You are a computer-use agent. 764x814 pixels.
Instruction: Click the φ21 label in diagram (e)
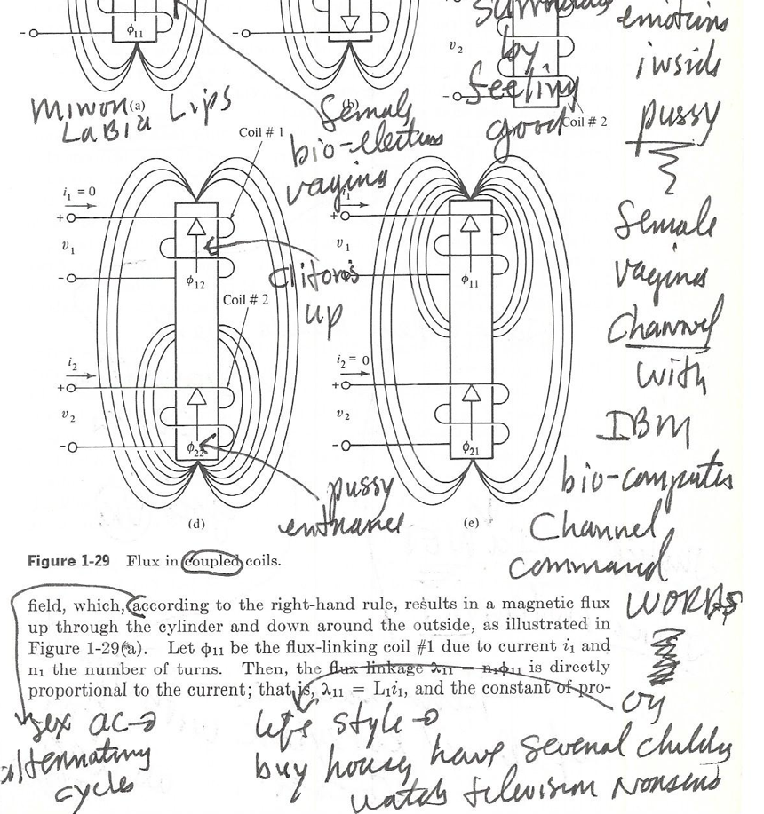(471, 449)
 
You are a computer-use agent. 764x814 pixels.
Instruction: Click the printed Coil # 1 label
(261, 132)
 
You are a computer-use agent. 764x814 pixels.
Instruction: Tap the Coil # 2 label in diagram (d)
(245, 299)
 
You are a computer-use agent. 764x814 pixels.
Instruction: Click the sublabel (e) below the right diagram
(472, 525)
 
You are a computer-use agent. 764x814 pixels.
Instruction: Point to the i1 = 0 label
(81, 192)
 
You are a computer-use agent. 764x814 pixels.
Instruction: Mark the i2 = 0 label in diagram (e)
(353, 360)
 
